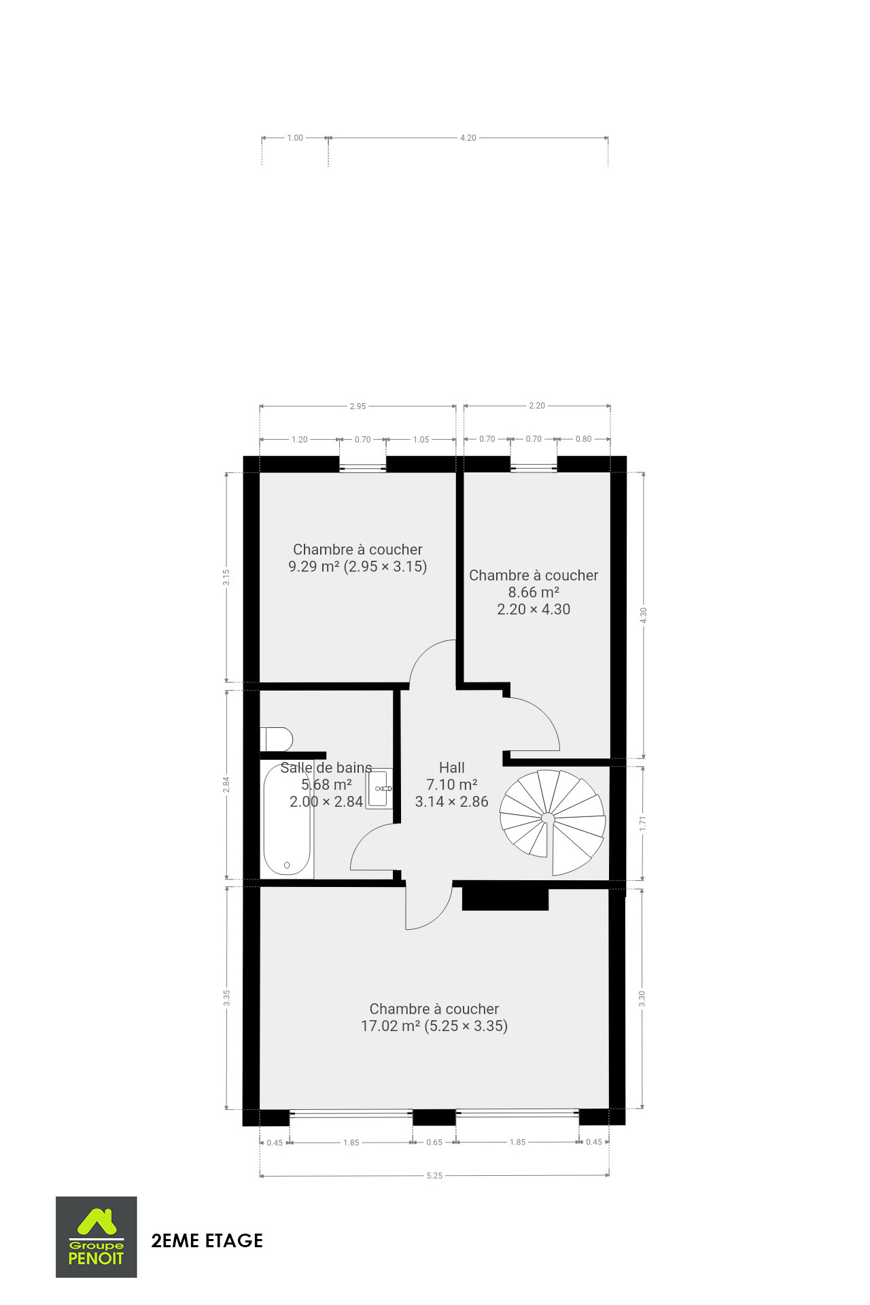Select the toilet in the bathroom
pyautogui.click(x=277, y=739)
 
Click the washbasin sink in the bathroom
pyautogui.click(x=379, y=789)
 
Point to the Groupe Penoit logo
pyautogui.click(x=97, y=1237)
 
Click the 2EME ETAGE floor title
pyautogui.click(x=207, y=1240)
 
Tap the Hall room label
pyautogui.click(x=452, y=767)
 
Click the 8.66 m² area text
pyautogui.click(x=534, y=592)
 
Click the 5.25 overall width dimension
pyautogui.click(x=434, y=1176)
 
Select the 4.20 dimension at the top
pyautogui.click(x=468, y=138)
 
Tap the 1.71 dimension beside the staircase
pyautogui.click(x=642, y=823)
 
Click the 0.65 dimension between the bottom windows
pyautogui.click(x=434, y=1143)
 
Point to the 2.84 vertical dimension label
pyautogui.click(x=226, y=784)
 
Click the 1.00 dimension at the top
pyautogui.click(x=295, y=138)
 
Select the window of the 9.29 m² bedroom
pyautogui.click(x=363, y=467)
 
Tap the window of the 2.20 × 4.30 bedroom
pyautogui.click(x=534, y=467)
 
